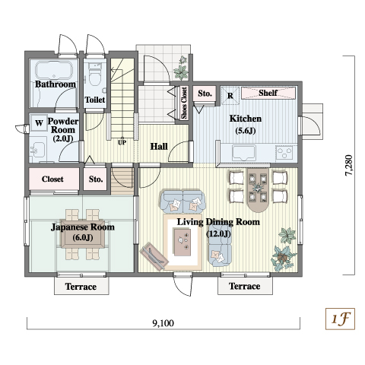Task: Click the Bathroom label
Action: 56,84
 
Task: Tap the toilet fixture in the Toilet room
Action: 95,74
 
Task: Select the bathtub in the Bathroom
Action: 54,70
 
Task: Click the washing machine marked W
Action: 39,123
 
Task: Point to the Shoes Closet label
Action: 184,103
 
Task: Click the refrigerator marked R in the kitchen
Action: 230,95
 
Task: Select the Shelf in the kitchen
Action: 268,93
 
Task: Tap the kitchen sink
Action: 243,153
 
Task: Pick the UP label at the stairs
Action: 122,142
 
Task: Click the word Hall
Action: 159,146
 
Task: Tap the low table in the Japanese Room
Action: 83,233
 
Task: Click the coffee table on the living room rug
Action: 182,242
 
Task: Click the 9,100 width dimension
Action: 163,323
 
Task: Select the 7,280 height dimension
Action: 349,165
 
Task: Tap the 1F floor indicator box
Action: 340,319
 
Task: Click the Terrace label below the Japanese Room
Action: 81,287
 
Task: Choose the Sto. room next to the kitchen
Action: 205,94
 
